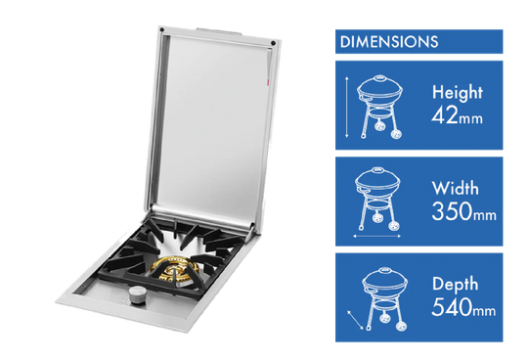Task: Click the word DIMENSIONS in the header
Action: coord(389,42)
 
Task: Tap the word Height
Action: coord(457,92)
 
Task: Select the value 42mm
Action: coord(457,115)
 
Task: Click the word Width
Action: coord(455,188)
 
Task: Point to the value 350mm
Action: coord(464,212)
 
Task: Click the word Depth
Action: coord(455,285)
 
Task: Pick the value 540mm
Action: coord(463,307)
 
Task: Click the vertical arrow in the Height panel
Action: coord(347,107)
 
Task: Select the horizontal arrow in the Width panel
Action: coord(376,236)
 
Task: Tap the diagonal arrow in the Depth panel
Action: coord(355,320)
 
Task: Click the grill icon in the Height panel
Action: coord(379,107)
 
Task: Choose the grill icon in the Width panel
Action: coord(377,199)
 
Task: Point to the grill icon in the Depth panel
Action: coord(385,298)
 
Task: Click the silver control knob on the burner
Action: coord(137,295)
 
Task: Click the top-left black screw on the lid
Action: coord(162,29)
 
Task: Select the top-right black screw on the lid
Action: coord(273,43)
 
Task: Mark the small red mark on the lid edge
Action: coord(268,81)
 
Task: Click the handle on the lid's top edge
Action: coord(219,31)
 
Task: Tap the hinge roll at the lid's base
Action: coord(202,219)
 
